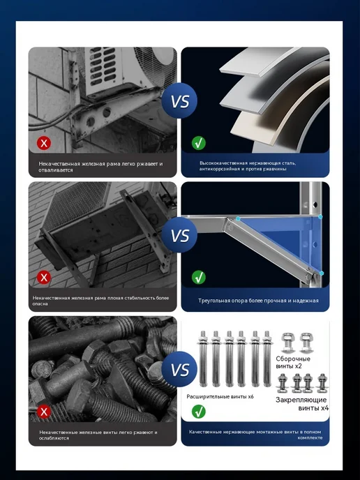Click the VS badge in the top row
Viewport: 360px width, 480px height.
tap(179, 100)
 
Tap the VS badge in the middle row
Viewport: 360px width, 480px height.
tap(179, 235)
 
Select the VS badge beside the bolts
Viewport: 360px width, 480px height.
tap(179, 369)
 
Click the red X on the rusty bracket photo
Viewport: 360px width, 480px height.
tap(44, 143)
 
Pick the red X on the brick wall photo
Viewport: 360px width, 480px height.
tap(44, 278)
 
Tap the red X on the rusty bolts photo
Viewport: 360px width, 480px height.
tap(44, 412)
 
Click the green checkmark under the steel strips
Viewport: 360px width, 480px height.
tap(199, 143)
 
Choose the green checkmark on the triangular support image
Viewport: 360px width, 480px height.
tap(199, 278)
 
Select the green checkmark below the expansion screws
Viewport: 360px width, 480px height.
tap(199, 412)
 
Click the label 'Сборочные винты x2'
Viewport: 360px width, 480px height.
tap(293, 362)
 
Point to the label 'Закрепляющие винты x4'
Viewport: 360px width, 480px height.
tap(302, 404)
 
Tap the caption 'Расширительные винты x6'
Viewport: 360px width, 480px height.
tap(220, 397)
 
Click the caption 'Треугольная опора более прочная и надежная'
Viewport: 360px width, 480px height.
tap(258, 301)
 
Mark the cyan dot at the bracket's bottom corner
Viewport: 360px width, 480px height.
tap(322, 273)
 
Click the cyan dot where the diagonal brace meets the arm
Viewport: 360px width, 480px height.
tap(238, 218)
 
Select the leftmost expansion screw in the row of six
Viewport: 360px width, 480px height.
tap(203, 359)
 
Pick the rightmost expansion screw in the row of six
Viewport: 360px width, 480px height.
tap(267, 359)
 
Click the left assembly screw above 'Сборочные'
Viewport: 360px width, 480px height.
tap(287, 343)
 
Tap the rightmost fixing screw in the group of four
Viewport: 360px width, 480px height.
tap(322, 383)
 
